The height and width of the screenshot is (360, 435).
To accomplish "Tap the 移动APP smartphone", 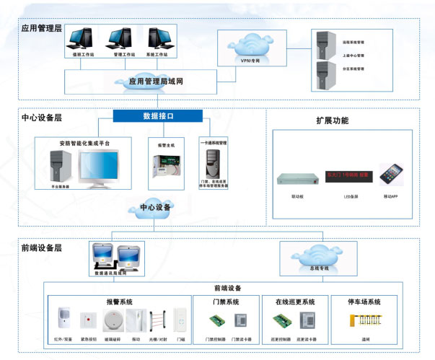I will (390, 175).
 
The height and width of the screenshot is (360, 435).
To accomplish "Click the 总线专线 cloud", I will (317, 256).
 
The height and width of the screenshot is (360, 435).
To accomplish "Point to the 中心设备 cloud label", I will (154, 208).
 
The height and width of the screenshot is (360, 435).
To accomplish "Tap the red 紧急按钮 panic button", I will (88, 318).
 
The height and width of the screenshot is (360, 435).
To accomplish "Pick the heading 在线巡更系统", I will (295, 302).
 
